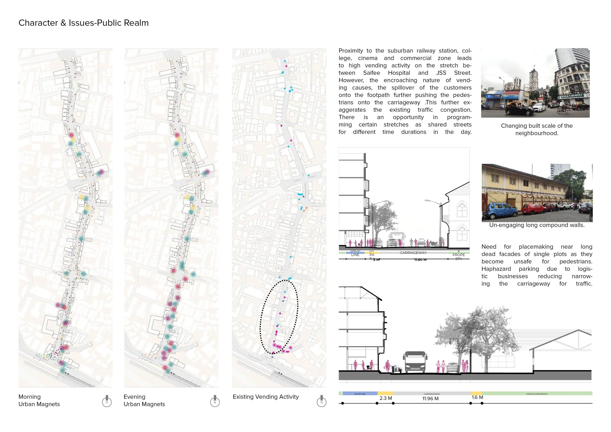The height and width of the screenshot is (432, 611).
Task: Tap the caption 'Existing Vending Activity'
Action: click(x=266, y=397)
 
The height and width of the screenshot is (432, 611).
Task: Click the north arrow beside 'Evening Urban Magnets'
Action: click(x=215, y=401)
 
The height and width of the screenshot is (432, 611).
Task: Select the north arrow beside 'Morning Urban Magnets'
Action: click(x=107, y=401)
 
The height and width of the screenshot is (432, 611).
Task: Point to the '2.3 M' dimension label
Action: click(x=386, y=398)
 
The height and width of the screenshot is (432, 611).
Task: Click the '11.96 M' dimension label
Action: click(x=430, y=399)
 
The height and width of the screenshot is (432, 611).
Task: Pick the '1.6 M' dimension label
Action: click(x=477, y=397)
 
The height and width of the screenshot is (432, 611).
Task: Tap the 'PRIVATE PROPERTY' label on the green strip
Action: click(x=537, y=394)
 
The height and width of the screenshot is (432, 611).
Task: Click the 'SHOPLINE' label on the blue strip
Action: click(x=360, y=394)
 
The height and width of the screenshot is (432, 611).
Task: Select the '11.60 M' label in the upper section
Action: click(x=420, y=260)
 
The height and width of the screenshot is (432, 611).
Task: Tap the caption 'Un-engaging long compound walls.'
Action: click(x=537, y=225)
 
